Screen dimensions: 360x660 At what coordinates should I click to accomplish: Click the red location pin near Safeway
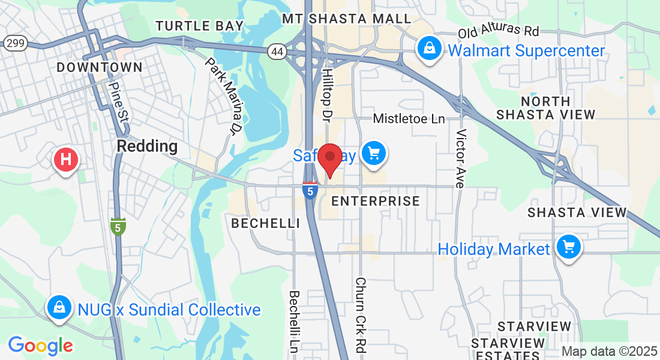coord(329,158)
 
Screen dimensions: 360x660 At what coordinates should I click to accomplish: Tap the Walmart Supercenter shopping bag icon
coord(430,48)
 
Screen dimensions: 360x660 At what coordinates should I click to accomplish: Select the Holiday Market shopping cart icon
coord(568,247)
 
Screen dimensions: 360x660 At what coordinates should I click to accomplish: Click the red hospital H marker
coord(66,160)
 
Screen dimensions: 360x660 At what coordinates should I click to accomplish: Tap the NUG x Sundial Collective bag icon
coord(59,307)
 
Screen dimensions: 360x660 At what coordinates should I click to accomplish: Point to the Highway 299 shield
coord(14,43)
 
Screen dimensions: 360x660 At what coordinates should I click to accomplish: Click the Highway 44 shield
coord(277,52)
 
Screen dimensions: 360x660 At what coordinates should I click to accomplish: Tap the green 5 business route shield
coord(118,226)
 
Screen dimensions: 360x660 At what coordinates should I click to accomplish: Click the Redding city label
coord(147,146)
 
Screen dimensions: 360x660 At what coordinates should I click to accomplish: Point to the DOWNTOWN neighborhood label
coord(100,67)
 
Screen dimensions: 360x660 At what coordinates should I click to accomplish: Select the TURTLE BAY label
coord(200,26)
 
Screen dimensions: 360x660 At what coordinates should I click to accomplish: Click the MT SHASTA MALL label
coord(347,19)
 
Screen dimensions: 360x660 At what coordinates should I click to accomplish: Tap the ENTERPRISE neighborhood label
coord(376,201)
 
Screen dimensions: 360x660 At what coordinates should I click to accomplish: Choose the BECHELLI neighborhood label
coord(266,223)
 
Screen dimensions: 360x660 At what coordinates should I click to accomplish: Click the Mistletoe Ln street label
coord(409,119)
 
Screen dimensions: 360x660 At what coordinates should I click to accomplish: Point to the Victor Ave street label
coord(461,158)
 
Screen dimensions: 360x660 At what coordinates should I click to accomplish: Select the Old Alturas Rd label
coord(499,31)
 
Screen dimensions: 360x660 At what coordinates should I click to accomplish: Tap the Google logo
coord(40,346)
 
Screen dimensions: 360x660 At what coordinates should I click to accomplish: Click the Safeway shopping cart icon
coord(374,154)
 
